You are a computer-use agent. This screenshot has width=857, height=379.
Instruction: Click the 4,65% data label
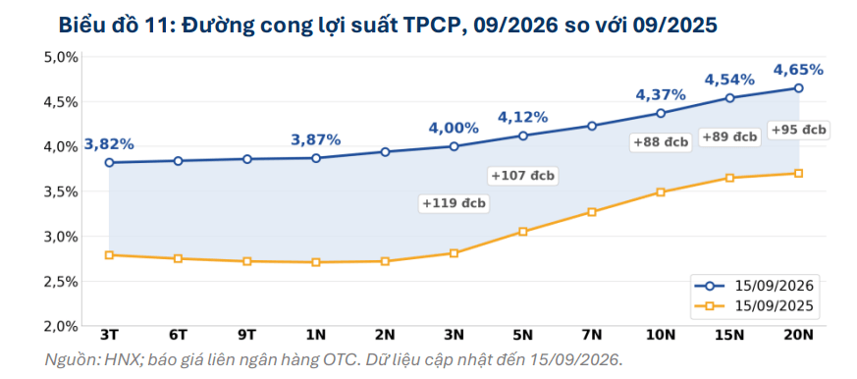tap(798, 70)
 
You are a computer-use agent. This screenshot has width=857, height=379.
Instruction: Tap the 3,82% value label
tap(109, 144)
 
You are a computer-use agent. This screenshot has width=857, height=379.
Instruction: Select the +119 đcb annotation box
tap(454, 203)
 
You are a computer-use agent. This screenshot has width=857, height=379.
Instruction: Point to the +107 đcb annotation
tap(523, 176)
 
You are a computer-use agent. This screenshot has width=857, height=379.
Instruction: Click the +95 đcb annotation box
tap(798, 131)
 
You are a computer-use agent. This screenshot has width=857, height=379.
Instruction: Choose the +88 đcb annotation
tap(661, 142)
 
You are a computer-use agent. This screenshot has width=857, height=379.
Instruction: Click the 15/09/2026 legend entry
tap(754, 286)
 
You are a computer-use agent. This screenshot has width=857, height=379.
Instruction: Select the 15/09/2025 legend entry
tap(754, 306)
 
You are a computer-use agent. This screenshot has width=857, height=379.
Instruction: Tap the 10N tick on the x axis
tap(661, 335)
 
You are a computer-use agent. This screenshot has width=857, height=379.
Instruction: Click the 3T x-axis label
tap(109, 335)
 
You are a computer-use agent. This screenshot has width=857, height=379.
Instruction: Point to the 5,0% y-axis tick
tap(61, 57)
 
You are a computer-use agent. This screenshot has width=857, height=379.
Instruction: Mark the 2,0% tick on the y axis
tap(61, 327)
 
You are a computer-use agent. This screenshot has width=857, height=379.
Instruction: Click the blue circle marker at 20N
tap(798, 88)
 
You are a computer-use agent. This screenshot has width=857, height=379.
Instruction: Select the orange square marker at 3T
tap(109, 255)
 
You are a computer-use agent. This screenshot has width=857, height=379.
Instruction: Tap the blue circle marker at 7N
tap(591, 126)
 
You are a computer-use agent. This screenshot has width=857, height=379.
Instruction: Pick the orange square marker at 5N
tap(522, 232)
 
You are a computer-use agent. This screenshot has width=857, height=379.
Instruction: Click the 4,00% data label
tap(454, 128)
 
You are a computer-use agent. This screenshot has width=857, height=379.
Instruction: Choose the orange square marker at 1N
tap(316, 262)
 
